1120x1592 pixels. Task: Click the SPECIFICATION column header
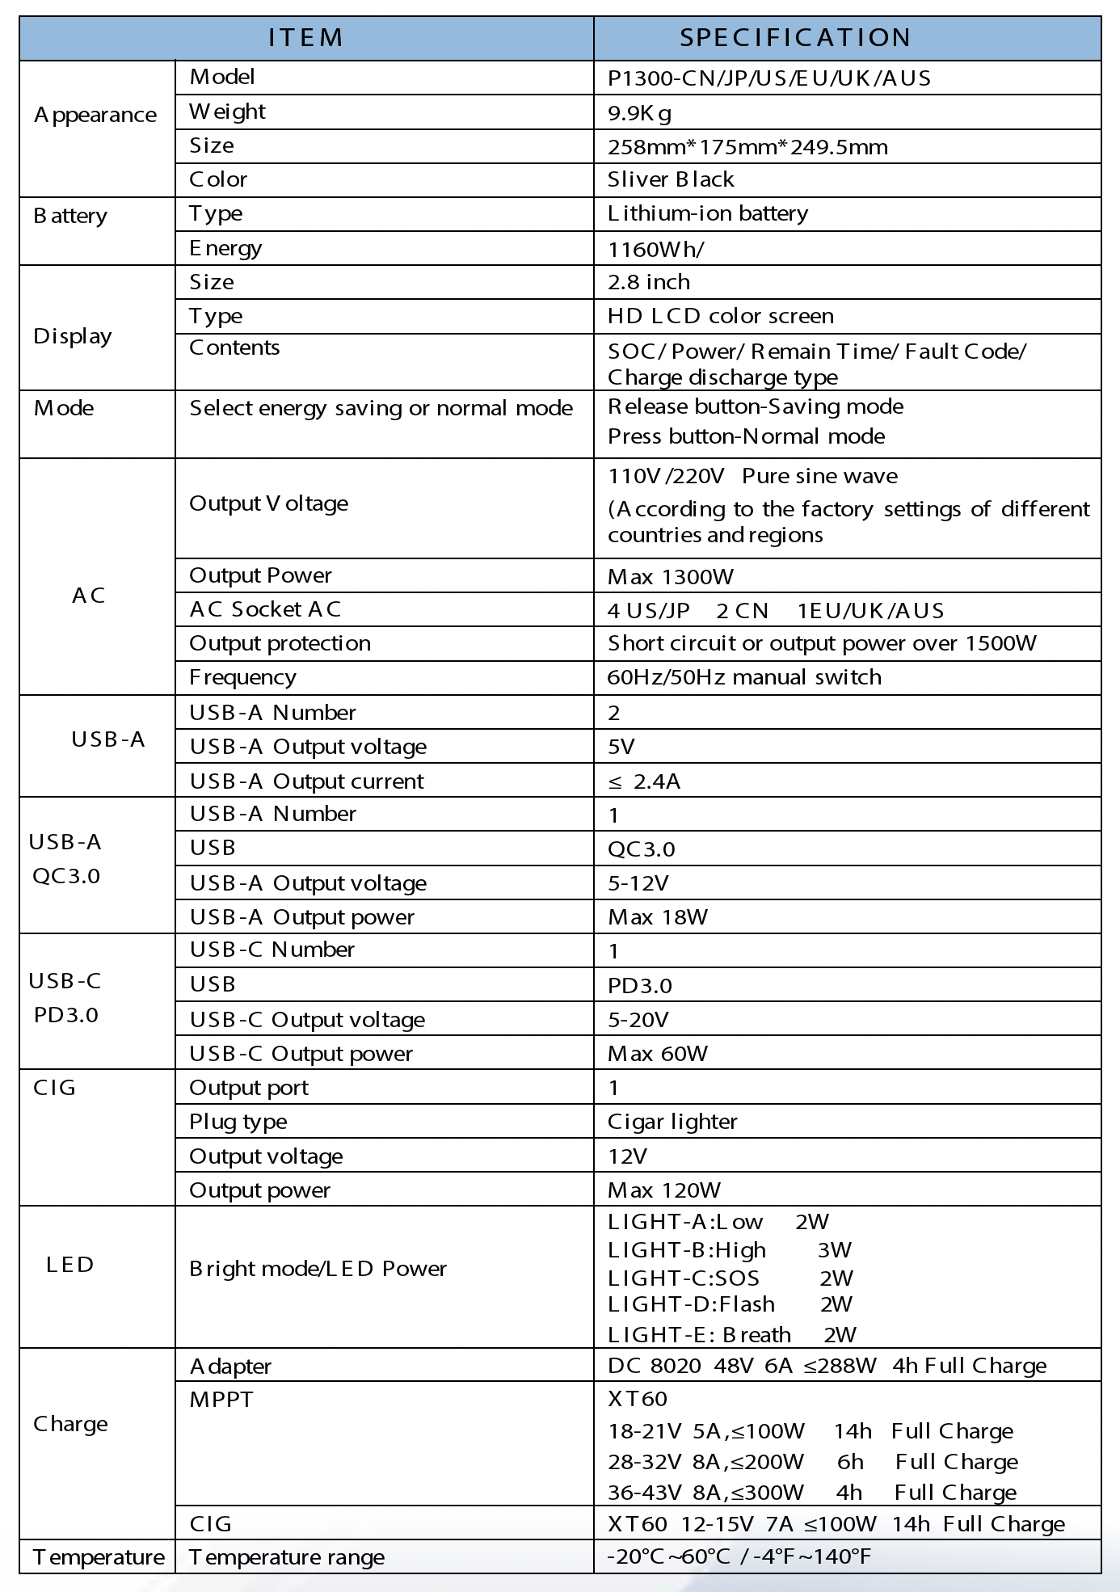(x=795, y=37)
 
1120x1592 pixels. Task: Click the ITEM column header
(x=306, y=37)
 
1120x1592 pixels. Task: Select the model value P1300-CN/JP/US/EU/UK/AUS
(x=768, y=78)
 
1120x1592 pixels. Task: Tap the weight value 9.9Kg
(x=639, y=113)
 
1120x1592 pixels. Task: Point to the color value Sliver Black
(x=671, y=179)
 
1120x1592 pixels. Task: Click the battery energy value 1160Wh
(x=655, y=249)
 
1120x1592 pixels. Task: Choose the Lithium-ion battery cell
(x=707, y=213)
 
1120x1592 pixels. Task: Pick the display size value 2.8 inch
(x=648, y=282)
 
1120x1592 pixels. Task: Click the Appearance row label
(x=95, y=115)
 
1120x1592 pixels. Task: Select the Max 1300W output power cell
(x=670, y=577)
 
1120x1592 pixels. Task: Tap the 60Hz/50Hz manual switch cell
(x=743, y=677)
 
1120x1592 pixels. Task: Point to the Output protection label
(x=280, y=643)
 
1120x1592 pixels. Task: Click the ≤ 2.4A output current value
(x=644, y=781)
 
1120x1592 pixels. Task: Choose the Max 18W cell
(x=657, y=917)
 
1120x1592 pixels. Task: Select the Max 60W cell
(x=657, y=1054)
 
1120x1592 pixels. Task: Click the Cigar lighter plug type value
(x=672, y=1122)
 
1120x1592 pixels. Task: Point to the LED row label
(x=70, y=1265)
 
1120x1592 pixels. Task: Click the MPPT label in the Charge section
(x=221, y=1399)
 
